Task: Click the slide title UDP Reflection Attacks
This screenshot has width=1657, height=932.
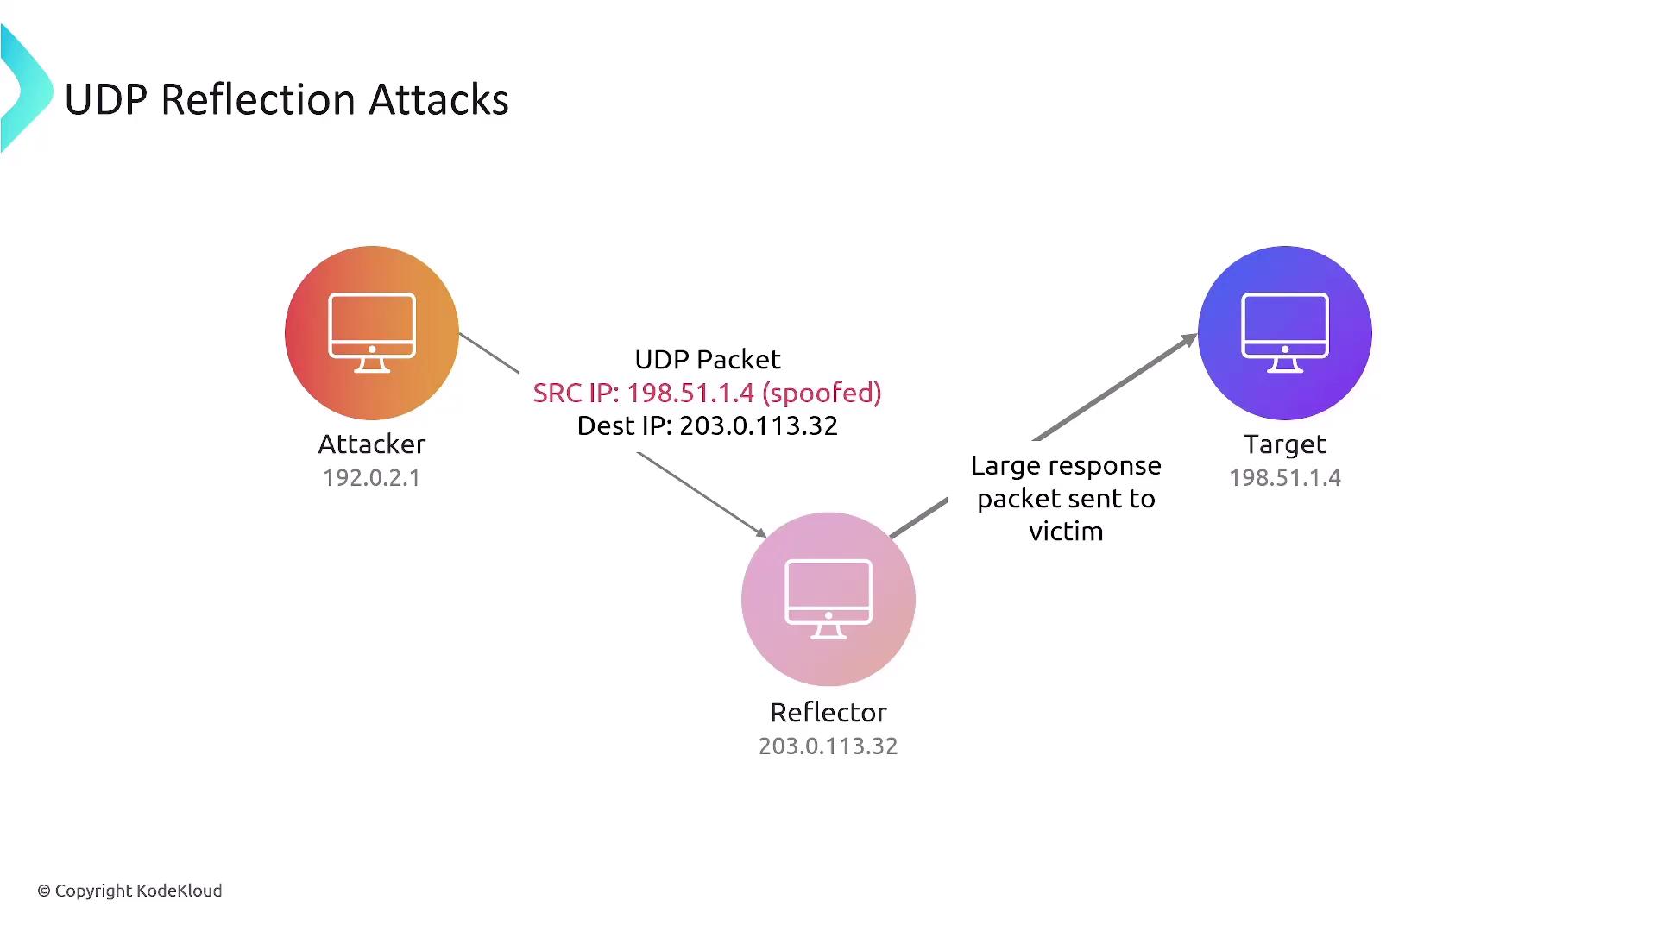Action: click(x=287, y=99)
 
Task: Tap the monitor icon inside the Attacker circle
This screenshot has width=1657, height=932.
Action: click(x=372, y=332)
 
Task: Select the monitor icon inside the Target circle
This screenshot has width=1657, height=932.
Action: click(x=1284, y=332)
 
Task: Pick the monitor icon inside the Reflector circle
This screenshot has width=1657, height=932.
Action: click(x=828, y=599)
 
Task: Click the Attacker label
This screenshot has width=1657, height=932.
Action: click(x=372, y=444)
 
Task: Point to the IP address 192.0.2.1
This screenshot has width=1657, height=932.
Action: click(x=372, y=478)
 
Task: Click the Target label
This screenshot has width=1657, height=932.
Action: click(x=1284, y=444)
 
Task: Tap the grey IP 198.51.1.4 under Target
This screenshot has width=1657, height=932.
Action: click(x=1284, y=478)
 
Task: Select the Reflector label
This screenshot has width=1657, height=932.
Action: click(x=828, y=713)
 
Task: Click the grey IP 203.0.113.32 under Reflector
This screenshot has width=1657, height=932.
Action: click(x=828, y=746)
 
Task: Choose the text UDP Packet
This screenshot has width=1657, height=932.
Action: click(x=708, y=360)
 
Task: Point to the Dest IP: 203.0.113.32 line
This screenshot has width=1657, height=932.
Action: click(x=708, y=426)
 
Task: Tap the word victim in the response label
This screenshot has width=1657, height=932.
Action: click(x=1066, y=532)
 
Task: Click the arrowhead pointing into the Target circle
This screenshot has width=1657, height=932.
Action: click(x=1188, y=341)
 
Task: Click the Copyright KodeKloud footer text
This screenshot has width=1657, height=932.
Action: click(x=130, y=891)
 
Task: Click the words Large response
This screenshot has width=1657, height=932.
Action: click(x=1066, y=466)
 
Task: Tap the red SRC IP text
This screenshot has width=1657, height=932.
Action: click(x=576, y=394)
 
